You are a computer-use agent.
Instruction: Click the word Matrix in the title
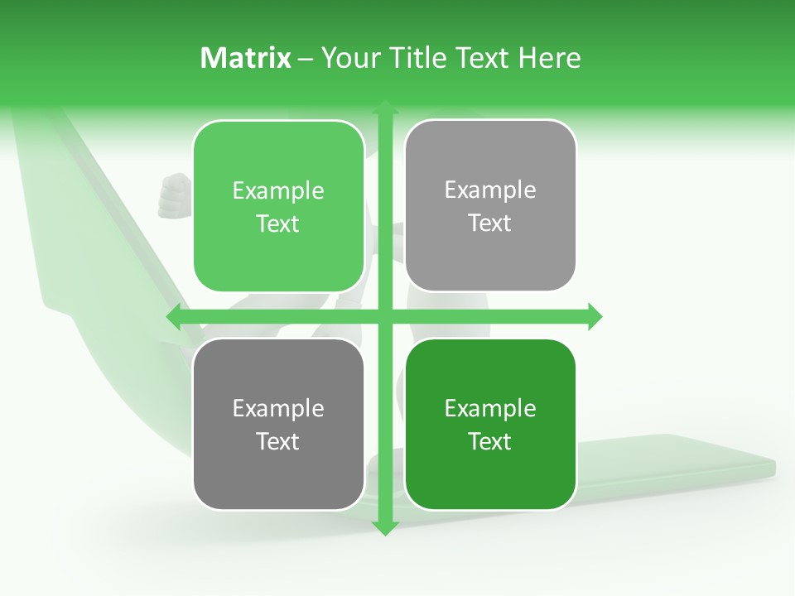coord(246,58)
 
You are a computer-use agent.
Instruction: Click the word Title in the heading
coord(417,58)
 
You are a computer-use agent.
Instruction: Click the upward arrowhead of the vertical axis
coord(384,107)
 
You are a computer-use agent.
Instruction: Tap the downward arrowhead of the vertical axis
coord(384,527)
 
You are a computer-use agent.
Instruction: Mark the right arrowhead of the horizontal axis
coord(595,316)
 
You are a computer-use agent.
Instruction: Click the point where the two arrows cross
coord(384,316)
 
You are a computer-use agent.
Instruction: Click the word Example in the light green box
coord(278,191)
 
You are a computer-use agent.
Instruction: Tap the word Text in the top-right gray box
coord(490,223)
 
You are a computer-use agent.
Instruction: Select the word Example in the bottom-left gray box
coord(278,409)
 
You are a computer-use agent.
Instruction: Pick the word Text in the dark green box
coord(490,441)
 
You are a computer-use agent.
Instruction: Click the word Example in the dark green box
coord(490,409)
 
